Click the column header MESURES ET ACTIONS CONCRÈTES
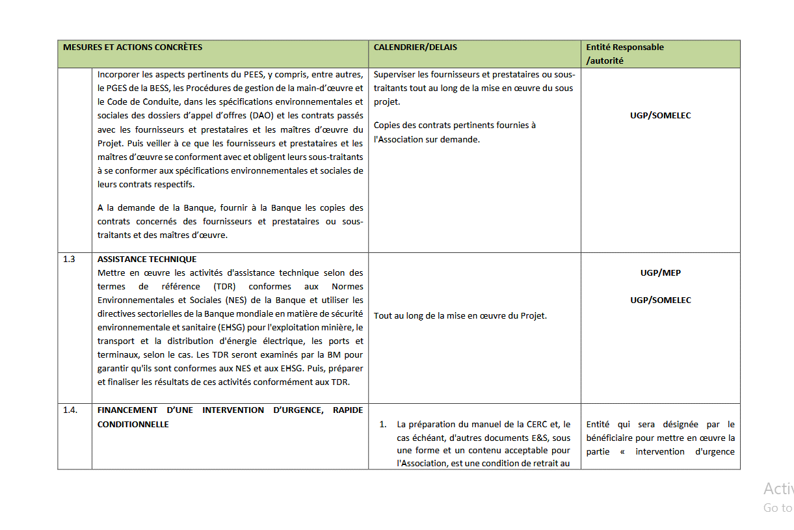[x=132, y=47]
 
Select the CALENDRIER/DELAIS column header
[x=415, y=47]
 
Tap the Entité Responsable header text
[x=624, y=47]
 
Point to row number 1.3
[x=69, y=259]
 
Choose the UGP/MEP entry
[x=660, y=273]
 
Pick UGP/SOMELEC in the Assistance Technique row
[x=660, y=300]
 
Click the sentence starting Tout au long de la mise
[x=460, y=316]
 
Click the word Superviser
[x=394, y=75]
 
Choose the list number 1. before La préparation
[x=383, y=425]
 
